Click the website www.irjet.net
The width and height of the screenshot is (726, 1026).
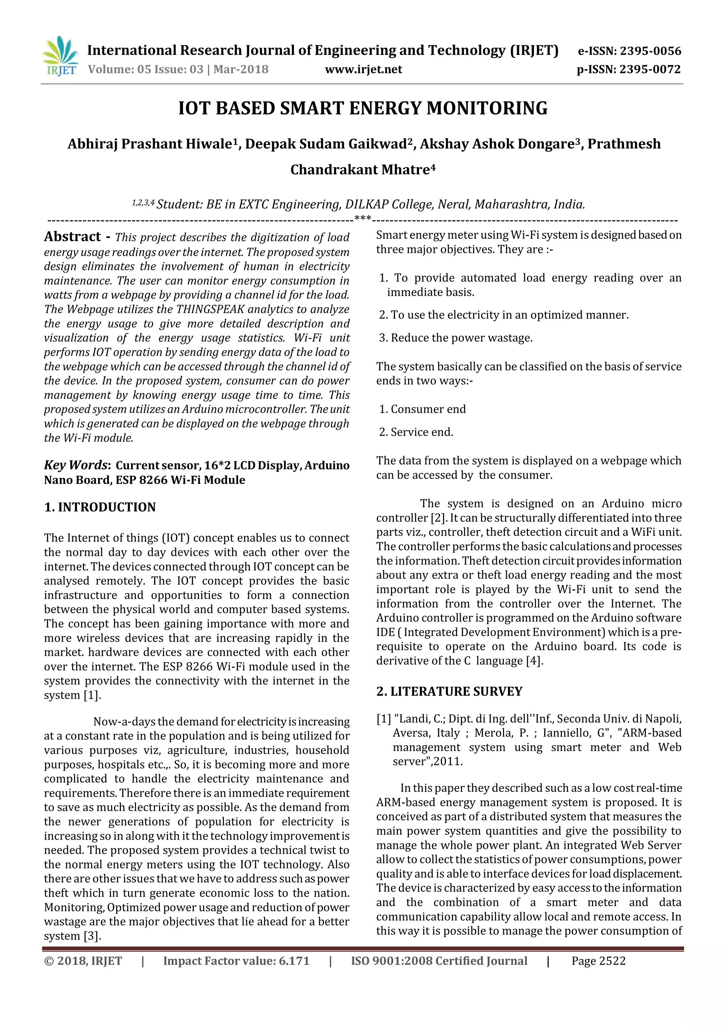coord(363,69)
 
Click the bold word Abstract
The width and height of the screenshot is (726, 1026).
coord(72,236)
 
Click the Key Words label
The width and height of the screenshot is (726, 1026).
coord(76,465)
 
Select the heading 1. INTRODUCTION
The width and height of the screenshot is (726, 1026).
coord(100,507)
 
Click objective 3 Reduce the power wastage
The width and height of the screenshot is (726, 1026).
coord(456,338)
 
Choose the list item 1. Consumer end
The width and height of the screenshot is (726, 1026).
coord(423,409)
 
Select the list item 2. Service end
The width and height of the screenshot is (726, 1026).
coord(416,432)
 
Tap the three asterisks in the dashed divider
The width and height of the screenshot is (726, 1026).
coord(363,219)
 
